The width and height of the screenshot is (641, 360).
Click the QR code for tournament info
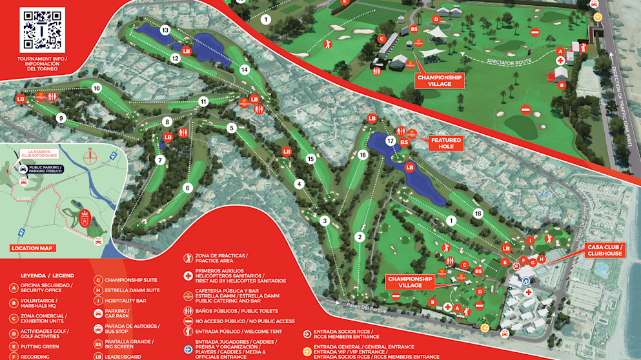pos(43,29)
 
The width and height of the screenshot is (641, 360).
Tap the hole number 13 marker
pos(165,30)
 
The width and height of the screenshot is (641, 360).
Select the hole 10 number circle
pos(97,88)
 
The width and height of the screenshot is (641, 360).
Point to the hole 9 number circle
pos(61,118)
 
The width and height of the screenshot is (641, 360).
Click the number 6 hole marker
pos(188,188)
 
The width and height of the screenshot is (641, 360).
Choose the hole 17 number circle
pos(391,140)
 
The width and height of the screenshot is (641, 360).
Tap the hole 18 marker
pos(478,214)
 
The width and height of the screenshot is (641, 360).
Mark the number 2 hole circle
pos(360,237)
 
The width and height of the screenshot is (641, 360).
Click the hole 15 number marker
pos(310,159)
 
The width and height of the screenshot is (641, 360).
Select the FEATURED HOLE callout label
pos(446,143)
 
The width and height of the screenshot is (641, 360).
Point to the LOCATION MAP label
pos(33,248)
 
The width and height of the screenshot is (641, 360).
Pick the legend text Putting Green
pos(41,346)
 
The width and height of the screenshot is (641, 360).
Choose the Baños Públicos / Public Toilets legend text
pos(235,311)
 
